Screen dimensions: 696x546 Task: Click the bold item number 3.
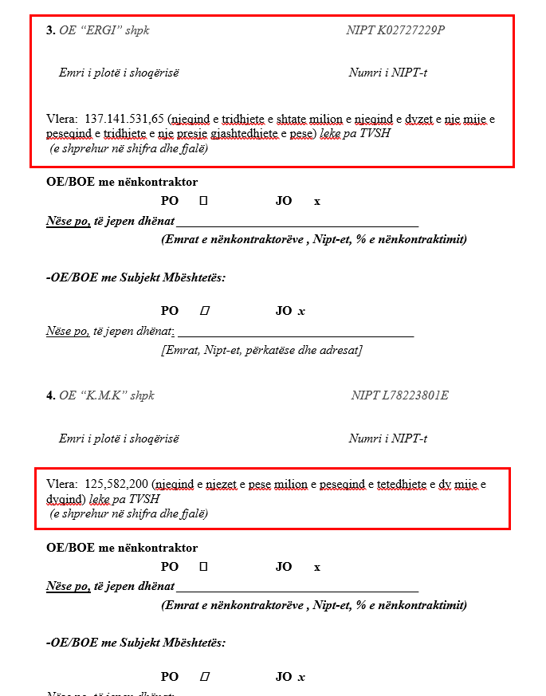[x=50, y=30]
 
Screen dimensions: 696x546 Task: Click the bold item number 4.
[x=50, y=395]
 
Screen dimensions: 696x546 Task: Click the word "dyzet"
[x=421, y=119]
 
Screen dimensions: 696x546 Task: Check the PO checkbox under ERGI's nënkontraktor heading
[x=203, y=201]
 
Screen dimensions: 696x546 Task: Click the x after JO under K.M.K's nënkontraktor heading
[x=317, y=567]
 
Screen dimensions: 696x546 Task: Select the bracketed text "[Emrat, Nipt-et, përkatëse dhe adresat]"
[x=261, y=350]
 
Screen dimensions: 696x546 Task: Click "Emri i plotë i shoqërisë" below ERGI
[x=119, y=73]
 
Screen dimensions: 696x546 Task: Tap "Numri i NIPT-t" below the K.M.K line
[x=388, y=438]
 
